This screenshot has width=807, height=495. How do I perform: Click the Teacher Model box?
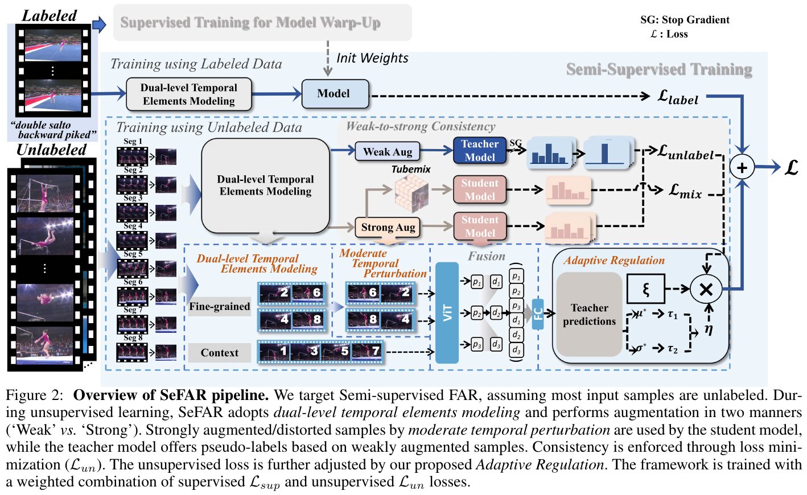(x=479, y=151)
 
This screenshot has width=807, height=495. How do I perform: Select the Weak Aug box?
(x=388, y=152)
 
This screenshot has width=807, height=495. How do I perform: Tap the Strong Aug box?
(x=388, y=228)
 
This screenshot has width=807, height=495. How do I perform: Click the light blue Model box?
(x=335, y=94)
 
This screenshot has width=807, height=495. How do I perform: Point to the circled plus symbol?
(x=742, y=167)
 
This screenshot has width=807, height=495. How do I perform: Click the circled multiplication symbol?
(x=706, y=289)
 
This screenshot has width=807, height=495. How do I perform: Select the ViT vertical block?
(x=447, y=312)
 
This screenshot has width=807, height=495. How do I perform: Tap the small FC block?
(x=538, y=314)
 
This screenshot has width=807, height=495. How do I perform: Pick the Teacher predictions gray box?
(x=589, y=315)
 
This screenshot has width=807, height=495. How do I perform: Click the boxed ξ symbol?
(x=645, y=289)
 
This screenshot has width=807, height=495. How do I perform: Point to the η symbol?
(x=709, y=328)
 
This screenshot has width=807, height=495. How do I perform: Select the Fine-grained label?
(x=220, y=307)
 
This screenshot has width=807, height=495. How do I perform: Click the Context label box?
(x=220, y=353)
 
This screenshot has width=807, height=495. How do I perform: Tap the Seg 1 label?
(x=133, y=142)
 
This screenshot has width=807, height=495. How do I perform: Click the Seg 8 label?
(x=133, y=338)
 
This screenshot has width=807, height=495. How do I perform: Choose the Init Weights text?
(x=372, y=58)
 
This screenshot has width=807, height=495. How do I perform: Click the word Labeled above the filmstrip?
(x=49, y=16)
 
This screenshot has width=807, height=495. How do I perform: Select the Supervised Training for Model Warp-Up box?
(x=262, y=23)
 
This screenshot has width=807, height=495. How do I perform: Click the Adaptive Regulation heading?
(x=614, y=261)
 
